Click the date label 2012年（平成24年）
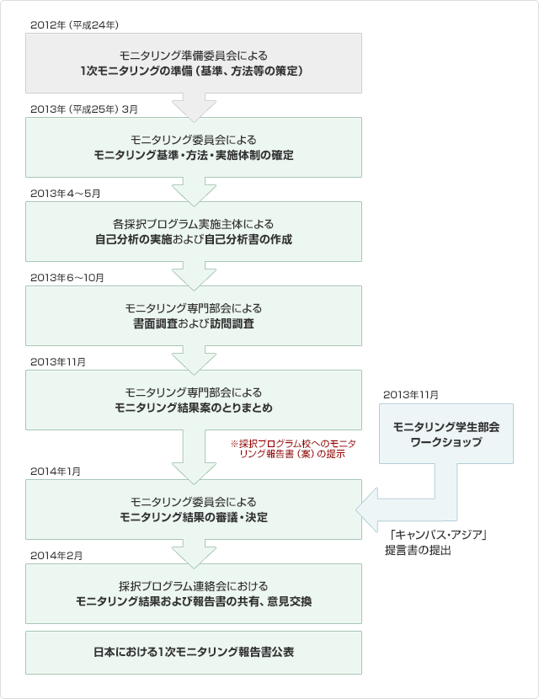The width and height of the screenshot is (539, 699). [x=74, y=25]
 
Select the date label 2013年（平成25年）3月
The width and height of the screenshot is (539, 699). [x=84, y=109]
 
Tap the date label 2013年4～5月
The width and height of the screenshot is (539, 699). [x=66, y=194]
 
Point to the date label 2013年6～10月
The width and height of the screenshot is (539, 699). [x=67, y=278]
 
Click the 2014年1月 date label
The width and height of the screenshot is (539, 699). [x=56, y=472]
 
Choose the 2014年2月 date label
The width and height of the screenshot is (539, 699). [x=56, y=556]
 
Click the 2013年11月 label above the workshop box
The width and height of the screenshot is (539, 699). [x=411, y=394]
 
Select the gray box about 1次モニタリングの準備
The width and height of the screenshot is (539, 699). [x=194, y=63]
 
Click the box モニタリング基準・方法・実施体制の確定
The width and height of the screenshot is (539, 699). [x=194, y=147]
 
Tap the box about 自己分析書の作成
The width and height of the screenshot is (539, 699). [x=194, y=232]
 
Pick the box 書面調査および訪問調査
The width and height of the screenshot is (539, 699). [x=194, y=316]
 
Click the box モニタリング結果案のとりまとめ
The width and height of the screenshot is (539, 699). [x=194, y=400]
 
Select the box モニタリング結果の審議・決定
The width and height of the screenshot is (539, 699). [x=194, y=510]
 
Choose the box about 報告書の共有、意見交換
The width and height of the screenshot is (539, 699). [x=194, y=594]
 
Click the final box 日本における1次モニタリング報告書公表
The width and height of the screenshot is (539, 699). [x=194, y=652]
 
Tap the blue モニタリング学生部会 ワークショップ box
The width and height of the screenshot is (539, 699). [x=446, y=434]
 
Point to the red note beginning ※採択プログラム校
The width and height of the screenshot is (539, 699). [x=293, y=449]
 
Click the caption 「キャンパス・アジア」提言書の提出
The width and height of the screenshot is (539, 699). [x=435, y=542]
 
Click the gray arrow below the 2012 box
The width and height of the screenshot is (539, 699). [x=194, y=108]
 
